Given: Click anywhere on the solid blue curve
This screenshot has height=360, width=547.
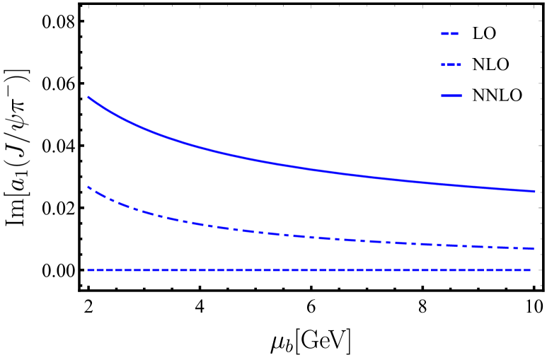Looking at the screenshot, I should (x=283, y=165).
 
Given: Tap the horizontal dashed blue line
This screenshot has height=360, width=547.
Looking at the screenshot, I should (x=283, y=270).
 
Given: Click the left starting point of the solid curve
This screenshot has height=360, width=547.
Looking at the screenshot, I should (x=88, y=97).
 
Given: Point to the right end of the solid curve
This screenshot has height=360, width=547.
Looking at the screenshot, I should (x=534, y=191).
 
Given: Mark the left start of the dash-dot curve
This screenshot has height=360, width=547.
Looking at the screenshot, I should (x=88, y=187).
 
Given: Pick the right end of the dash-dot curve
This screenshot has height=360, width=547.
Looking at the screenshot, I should (x=533, y=248).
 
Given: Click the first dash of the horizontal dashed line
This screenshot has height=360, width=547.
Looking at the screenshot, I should (x=91, y=270).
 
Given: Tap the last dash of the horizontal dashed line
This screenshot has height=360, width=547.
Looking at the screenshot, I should (x=527, y=270).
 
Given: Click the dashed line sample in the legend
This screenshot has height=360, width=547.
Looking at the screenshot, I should (x=450, y=33).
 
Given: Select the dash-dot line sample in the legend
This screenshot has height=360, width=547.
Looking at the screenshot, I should (x=451, y=64).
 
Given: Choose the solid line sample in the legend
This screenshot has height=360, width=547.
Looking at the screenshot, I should (x=451, y=95).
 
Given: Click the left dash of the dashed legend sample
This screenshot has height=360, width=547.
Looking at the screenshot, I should (x=444, y=33).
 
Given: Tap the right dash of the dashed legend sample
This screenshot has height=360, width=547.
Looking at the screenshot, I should (x=455, y=33).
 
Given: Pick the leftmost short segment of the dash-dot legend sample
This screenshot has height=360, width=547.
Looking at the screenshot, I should (x=442, y=64).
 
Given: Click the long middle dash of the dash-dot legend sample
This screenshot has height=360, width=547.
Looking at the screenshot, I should (x=451, y=64).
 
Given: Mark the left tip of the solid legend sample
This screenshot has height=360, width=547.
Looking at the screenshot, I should (x=442, y=95).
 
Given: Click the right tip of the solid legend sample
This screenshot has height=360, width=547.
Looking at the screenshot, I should (x=461, y=95).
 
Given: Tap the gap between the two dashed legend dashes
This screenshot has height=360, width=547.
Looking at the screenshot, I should (x=449, y=33).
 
